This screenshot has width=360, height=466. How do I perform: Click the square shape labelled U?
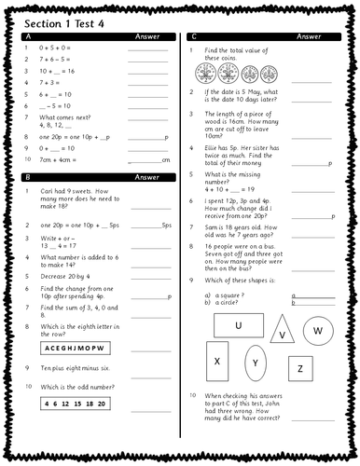point(238,324)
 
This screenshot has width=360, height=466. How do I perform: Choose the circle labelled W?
point(318,330)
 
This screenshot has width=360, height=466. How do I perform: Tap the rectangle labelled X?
point(217,361)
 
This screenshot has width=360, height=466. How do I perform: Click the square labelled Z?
point(300,369)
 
